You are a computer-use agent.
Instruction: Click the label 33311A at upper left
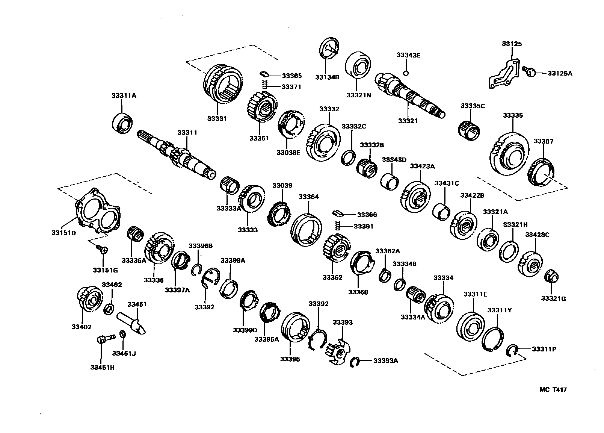[124, 96]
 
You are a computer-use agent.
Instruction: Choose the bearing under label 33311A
[123, 122]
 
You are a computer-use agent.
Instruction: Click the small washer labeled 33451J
[122, 334]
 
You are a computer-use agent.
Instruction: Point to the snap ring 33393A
[354, 362]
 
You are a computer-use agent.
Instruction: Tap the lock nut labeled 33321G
[551, 277]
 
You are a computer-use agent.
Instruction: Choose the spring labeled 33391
[337, 226]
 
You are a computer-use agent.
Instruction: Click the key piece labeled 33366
[337, 214]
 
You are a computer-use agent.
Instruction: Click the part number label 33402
[81, 327]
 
